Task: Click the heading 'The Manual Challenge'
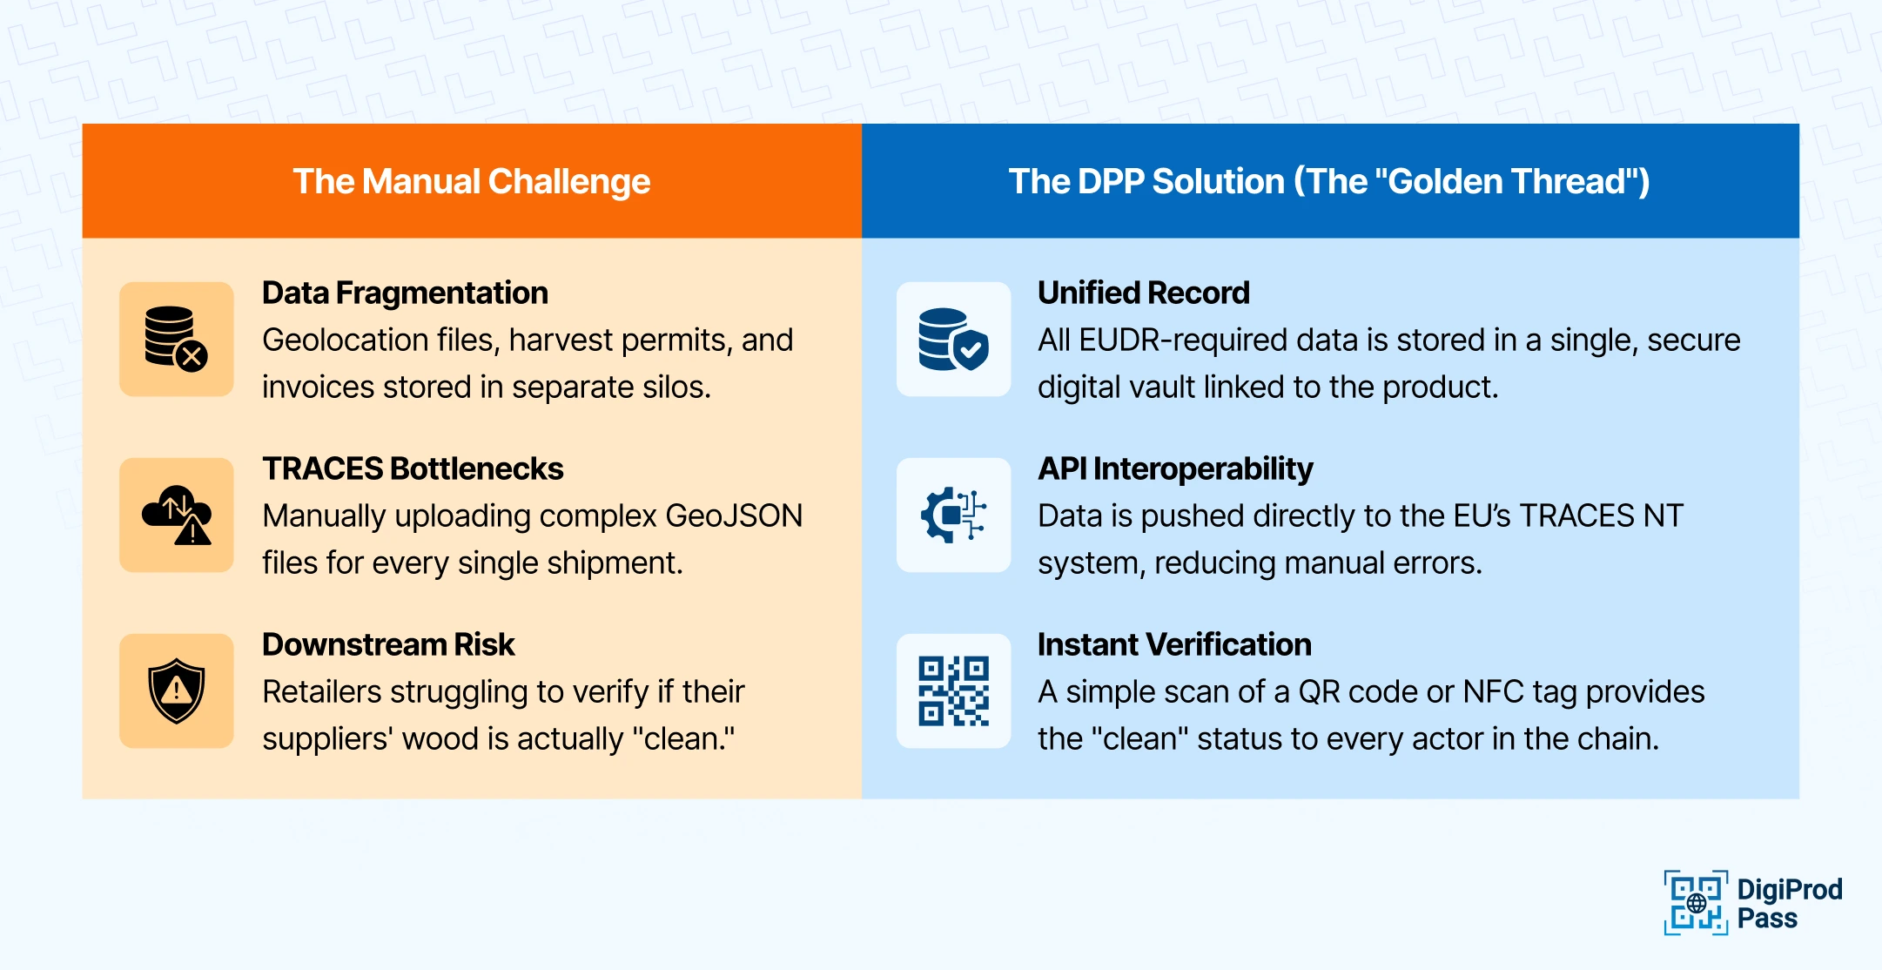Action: point(472,181)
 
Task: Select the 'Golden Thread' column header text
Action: point(1329,181)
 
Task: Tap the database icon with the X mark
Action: point(177,339)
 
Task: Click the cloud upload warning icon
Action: point(177,515)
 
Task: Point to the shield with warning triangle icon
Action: point(177,690)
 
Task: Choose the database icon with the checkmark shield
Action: point(954,339)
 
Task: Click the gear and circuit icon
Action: point(954,515)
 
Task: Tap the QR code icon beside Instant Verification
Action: point(954,690)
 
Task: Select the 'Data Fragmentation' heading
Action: point(405,293)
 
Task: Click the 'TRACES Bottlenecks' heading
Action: point(413,468)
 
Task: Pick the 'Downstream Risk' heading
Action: point(388,644)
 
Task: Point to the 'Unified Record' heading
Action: point(1143,293)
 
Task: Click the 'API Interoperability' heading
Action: point(1175,468)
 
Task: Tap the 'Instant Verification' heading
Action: point(1174,644)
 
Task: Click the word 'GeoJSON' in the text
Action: point(734,515)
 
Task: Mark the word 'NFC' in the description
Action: point(1493,691)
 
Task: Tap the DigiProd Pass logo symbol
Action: point(1696,903)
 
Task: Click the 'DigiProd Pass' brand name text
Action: point(1790,904)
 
